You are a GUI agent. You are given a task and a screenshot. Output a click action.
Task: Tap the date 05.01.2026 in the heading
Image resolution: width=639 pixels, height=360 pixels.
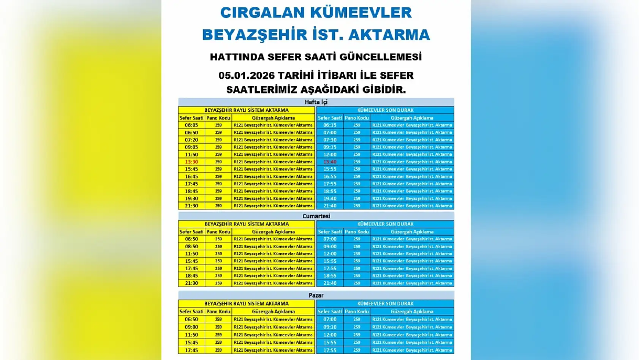[x=246, y=75]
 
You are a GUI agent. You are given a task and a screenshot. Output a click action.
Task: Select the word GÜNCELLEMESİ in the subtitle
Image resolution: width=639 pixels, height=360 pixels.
[x=380, y=57]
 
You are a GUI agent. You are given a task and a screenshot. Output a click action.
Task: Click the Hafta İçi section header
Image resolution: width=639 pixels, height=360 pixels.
[x=316, y=102]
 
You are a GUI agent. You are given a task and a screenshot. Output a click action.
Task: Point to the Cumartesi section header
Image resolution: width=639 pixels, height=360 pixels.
[x=316, y=216]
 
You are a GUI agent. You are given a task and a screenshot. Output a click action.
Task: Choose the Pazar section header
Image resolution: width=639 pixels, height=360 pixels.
[x=316, y=295]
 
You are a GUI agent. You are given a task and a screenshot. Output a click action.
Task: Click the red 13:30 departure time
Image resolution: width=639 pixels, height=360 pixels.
[x=191, y=162]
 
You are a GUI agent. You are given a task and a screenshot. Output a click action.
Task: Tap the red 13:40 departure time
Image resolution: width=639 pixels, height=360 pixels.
[x=330, y=162]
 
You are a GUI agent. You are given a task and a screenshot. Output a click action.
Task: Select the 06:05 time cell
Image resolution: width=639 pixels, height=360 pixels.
[x=191, y=125]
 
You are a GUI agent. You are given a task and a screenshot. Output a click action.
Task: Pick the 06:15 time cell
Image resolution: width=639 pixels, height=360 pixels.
[x=330, y=125]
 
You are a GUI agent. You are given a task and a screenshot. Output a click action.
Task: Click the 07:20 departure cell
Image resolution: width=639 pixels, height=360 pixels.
[x=191, y=140]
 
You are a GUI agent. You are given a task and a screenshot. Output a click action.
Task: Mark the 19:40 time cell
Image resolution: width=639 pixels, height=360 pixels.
[x=330, y=198]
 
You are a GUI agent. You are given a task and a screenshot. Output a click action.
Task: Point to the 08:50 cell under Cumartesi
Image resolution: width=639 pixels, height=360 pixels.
[x=191, y=246]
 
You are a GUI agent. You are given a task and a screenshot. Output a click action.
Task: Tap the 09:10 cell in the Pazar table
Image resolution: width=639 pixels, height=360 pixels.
[x=330, y=327]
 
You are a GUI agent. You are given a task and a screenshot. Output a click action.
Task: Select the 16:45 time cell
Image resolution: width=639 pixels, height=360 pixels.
[x=191, y=176]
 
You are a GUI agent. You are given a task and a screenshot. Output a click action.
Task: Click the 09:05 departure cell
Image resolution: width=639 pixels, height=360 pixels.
[x=191, y=147]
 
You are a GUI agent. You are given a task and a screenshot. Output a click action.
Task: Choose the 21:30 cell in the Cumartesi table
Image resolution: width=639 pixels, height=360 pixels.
[x=191, y=283]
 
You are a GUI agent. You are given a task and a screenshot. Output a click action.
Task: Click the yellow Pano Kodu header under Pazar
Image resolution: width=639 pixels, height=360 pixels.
[x=218, y=311]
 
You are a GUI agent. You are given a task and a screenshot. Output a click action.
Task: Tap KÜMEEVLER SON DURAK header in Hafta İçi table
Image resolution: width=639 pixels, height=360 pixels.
[x=385, y=110]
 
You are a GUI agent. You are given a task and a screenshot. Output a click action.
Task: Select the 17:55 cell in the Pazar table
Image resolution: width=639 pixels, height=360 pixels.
[x=330, y=350]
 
